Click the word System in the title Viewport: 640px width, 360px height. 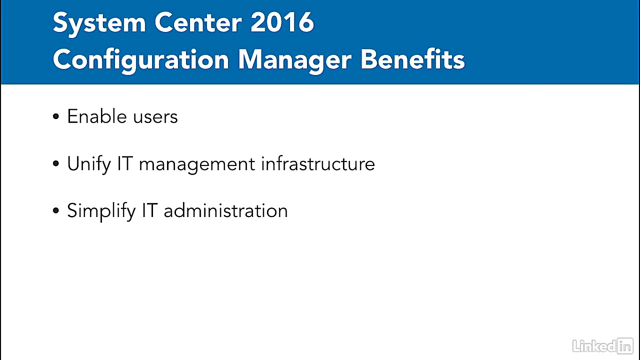98,23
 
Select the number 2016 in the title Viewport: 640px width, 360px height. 282,22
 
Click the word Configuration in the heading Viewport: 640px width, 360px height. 140,60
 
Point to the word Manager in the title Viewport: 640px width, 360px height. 294,60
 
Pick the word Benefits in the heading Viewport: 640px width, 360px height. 412,59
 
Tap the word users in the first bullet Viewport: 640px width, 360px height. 155,117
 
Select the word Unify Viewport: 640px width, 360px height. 88,164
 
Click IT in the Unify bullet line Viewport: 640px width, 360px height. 125,164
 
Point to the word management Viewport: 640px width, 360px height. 197,164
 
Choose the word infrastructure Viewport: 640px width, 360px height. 317,164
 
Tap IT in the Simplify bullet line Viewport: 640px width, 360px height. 150,210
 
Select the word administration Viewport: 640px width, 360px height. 225,210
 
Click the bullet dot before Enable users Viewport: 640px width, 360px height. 56,117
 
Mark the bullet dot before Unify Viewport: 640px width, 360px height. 56,164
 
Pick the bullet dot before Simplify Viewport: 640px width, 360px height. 56,210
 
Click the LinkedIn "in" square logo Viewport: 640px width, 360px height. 625,345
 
